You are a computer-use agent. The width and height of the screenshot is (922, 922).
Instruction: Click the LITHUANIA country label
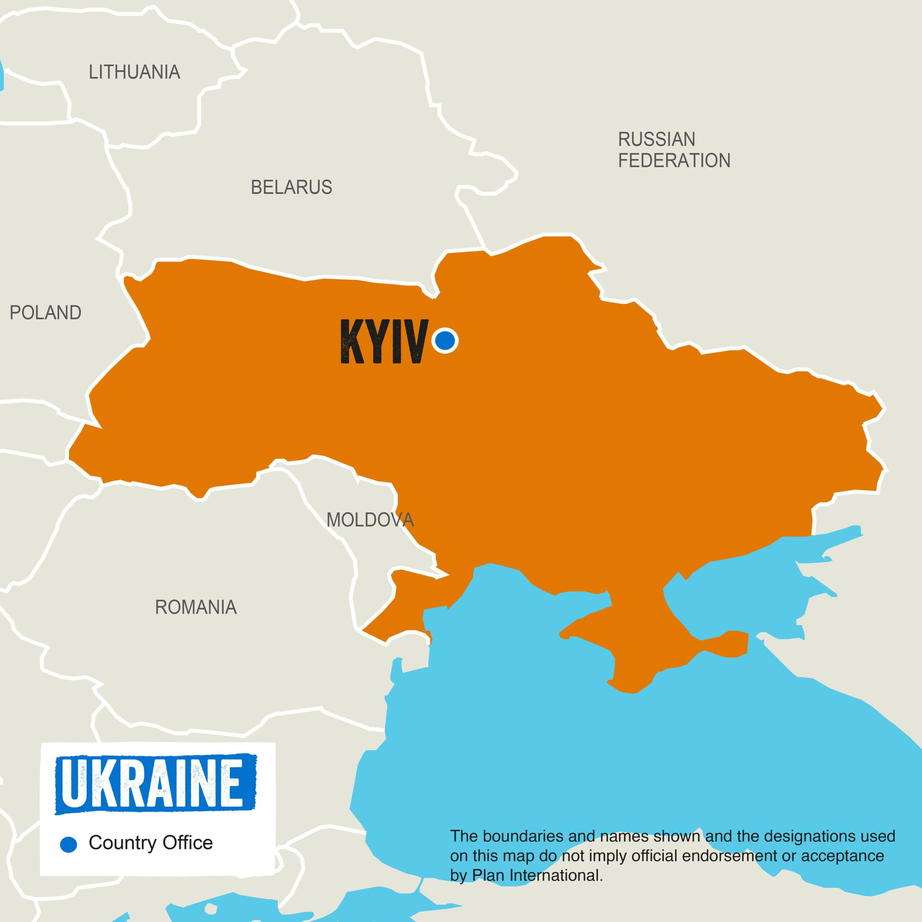135,72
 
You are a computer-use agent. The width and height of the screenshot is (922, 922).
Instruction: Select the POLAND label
45,313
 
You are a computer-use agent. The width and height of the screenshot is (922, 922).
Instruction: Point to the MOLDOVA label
370,520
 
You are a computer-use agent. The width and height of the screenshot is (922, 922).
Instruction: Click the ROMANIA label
196,607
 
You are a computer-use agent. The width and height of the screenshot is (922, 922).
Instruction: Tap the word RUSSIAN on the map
657,139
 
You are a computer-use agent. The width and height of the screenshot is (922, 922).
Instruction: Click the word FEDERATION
674,161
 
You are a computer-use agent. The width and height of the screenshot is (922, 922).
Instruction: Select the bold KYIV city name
383,342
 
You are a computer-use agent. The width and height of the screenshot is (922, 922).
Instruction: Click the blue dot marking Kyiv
445,340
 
